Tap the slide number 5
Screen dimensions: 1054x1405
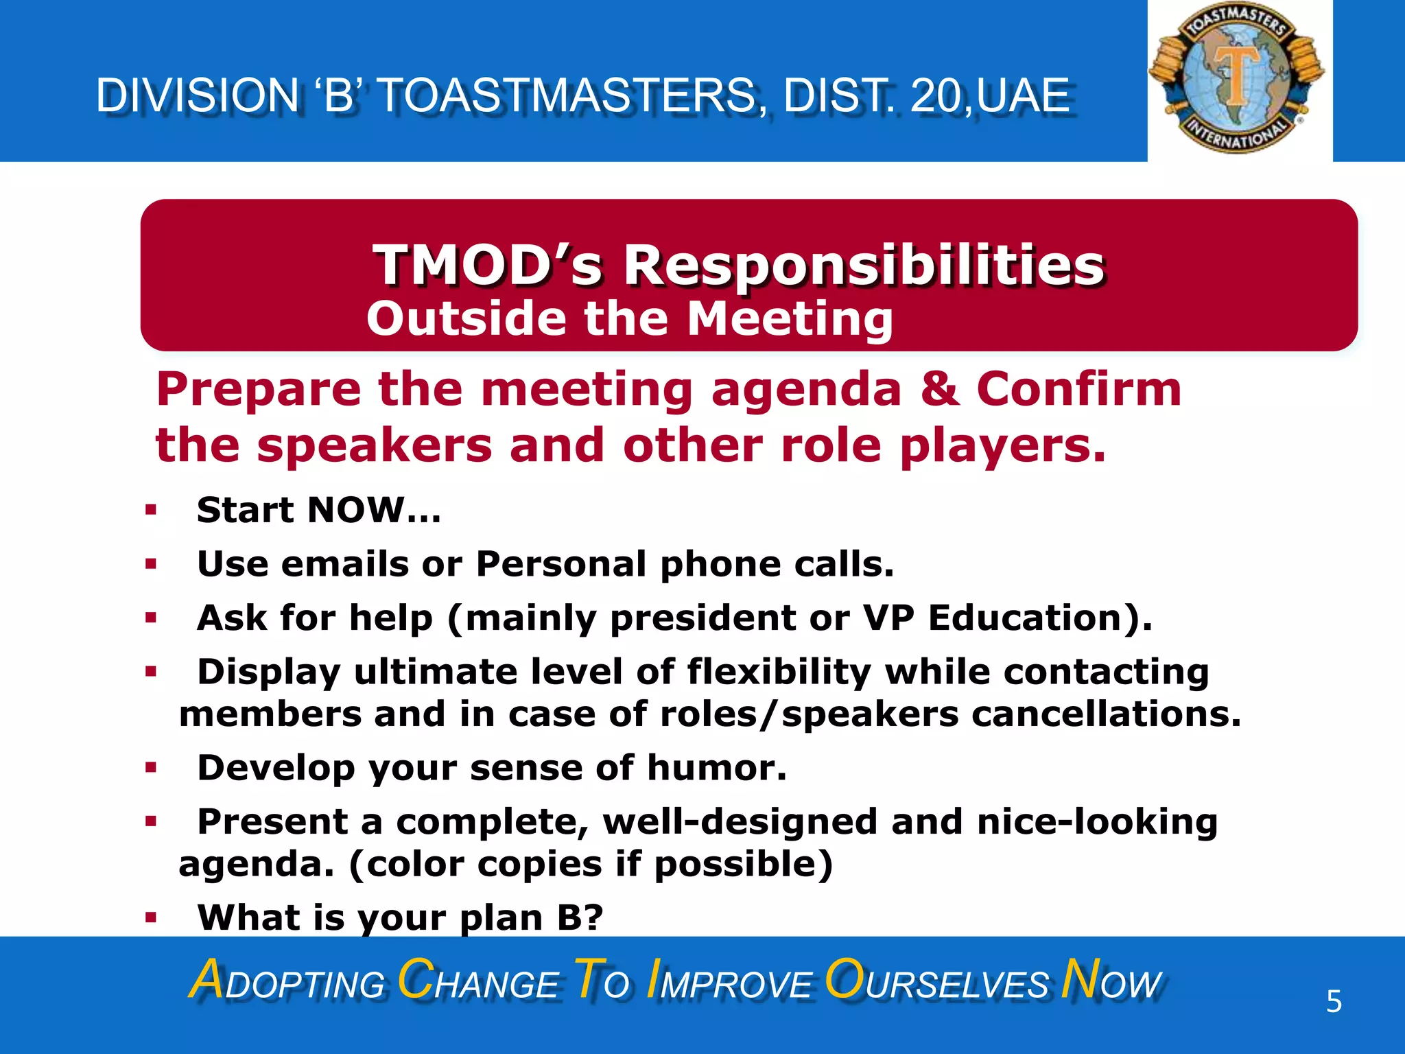pyautogui.click(x=1334, y=1002)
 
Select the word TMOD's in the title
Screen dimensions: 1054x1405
pyautogui.click(x=487, y=266)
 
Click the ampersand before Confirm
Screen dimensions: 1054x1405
pyautogui.click(x=938, y=389)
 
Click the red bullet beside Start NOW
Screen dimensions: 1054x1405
pyautogui.click(x=151, y=511)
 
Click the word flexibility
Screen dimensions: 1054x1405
pyautogui.click(x=779, y=671)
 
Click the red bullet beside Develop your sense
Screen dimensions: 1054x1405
pyautogui.click(x=151, y=768)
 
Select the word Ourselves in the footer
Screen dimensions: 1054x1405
pyautogui.click(x=936, y=981)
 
